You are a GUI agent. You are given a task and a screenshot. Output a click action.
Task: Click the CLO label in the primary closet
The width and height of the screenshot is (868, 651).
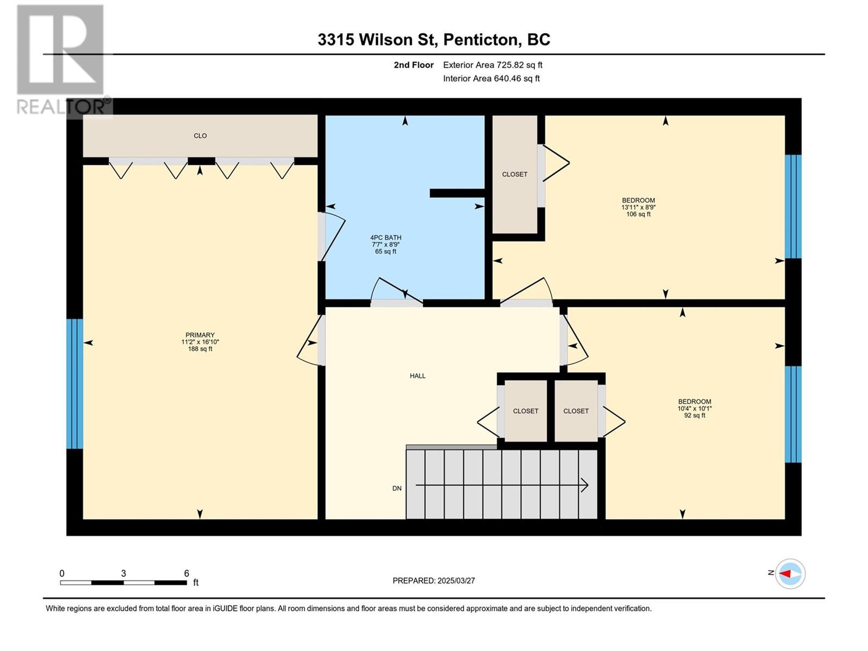pyautogui.click(x=200, y=136)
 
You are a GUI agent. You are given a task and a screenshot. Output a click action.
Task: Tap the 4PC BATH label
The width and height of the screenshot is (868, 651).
pyautogui.click(x=386, y=238)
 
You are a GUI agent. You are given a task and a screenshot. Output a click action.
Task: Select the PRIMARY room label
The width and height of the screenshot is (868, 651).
pyautogui.click(x=200, y=335)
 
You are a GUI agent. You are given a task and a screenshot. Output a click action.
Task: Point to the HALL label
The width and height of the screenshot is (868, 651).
pyautogui.click(x=418, y=376)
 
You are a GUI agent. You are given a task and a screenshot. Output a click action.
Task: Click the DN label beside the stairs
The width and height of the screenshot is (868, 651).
pyautogui.click(x=397, y=489)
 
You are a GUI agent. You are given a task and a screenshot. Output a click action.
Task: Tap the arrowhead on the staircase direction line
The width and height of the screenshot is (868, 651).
pyautogui.click(x=585, y=485)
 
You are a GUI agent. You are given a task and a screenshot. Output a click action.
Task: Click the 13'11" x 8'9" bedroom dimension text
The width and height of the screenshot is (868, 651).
pyautogui.click(x=638, y=207)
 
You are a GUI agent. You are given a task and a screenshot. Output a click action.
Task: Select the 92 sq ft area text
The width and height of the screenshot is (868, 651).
pyautogui.click(x=694, y=416)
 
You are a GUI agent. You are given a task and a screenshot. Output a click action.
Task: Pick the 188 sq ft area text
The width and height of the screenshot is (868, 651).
pyautogui.click(x=200, y=349)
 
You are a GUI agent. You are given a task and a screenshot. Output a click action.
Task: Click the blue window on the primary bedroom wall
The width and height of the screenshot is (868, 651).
pyautogui.click(x=75, y=384)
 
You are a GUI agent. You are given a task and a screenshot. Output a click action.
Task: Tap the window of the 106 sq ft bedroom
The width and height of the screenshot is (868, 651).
pyautogui.click(x=793, y=206)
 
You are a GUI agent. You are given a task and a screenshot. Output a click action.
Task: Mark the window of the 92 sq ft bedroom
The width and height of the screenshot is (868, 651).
pyautogui.click(x=793, y=414)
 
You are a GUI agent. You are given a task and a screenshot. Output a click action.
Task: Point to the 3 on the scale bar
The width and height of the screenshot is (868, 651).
pyautogui.click(x=123, y=573)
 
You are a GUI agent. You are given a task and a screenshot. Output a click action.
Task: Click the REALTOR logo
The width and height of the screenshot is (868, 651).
pyautogui.click(x=64, y=61)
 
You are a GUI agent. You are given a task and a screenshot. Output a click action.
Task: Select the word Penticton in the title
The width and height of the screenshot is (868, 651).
pyautogui.click(x=481, y=40)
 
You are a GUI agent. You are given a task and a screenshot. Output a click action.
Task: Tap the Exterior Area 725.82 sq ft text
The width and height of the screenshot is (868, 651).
pyautogui.click(x=493, y=65)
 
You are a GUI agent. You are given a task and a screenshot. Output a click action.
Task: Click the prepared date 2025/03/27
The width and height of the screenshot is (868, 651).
pyautogui.click(x=456, y=580)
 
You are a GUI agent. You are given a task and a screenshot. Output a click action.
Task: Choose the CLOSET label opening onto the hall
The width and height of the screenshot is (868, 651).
pyautogui.click(x=526, y=411)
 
